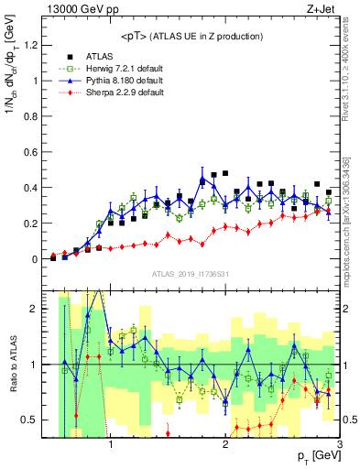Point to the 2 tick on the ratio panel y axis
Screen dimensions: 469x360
(x=36, y=309)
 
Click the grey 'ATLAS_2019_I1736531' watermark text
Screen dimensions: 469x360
(x=190, y=274)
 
